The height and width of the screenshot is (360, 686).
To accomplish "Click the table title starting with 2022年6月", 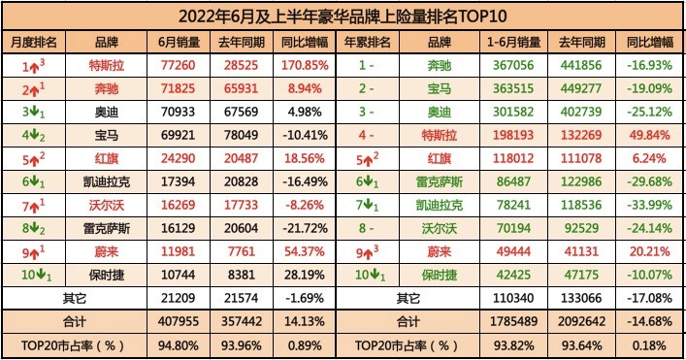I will tap(342, 16).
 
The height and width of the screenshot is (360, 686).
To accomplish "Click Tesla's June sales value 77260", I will tap(178, 67).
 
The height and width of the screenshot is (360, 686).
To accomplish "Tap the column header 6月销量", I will tap(178, 43).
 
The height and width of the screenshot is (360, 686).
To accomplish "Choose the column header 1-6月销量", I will tap(513, 43).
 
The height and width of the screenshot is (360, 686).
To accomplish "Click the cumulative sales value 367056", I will tap(513, 67).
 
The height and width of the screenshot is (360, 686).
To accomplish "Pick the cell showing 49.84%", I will tap(644, 137).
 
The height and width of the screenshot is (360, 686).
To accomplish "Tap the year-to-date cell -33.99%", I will tap(644, 207).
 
